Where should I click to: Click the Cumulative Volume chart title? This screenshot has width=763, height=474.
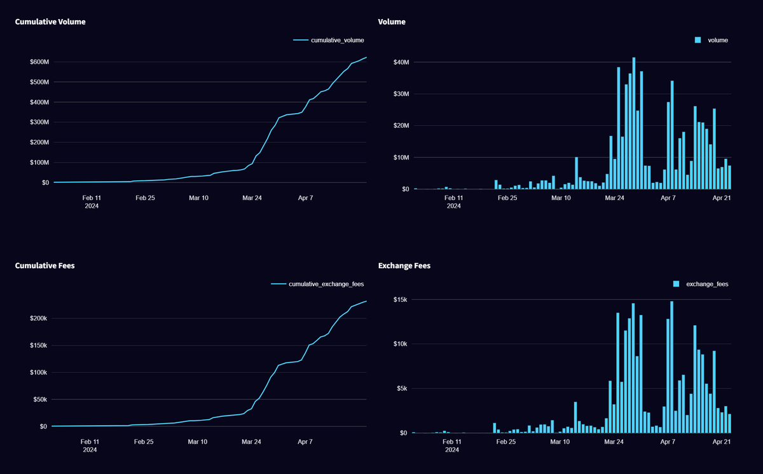pos(50,22)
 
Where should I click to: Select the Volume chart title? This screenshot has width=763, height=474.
pos(392,22)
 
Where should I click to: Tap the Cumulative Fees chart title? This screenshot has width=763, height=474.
pos(45,266)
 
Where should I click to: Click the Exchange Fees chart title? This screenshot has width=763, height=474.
pos(404,266)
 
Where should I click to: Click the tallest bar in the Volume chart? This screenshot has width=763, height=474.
pos(634,123)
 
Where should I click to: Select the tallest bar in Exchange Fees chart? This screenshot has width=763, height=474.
pos(671,367)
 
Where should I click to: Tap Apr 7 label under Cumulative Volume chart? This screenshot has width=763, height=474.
pos(306,198)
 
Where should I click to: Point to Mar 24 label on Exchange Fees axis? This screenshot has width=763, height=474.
pos(614,441)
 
